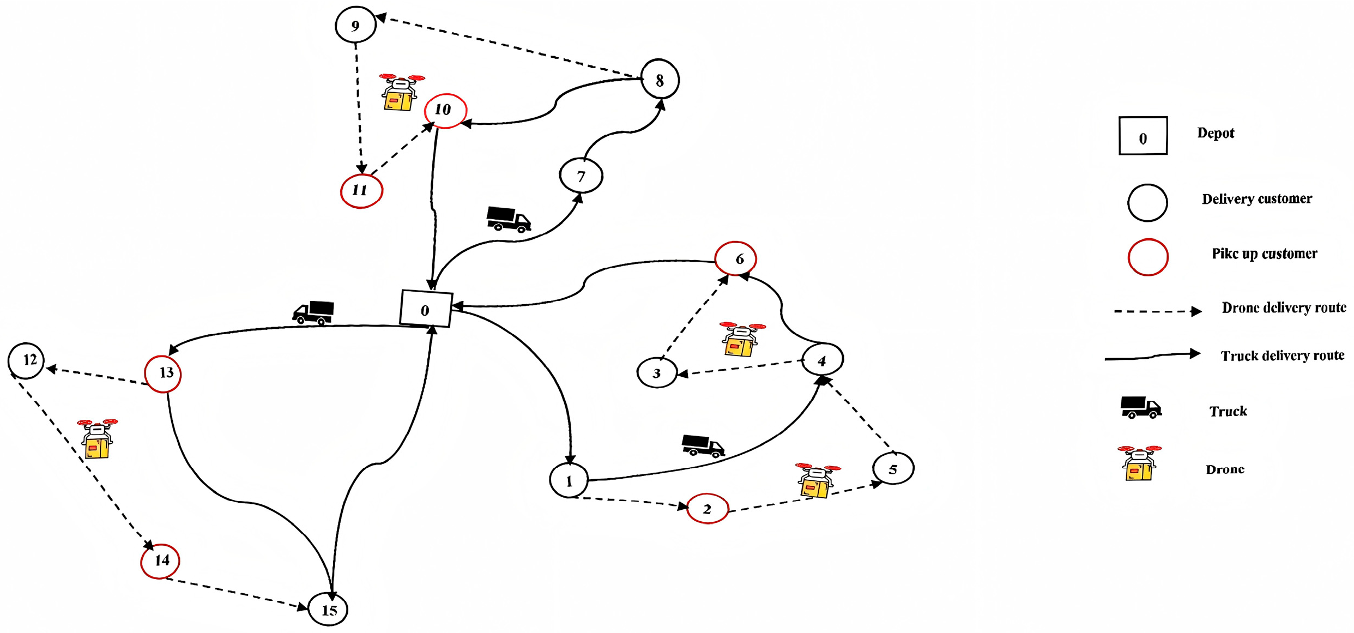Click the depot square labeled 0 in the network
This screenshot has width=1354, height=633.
point(426,309)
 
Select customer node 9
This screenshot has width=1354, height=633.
point(355,25)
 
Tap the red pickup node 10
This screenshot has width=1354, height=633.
point(445,111)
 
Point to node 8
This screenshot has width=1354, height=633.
point(660,80)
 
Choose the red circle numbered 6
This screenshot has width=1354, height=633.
point(735,258)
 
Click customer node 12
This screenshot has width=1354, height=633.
point(26,360)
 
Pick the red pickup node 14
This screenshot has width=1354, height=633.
point(160,561)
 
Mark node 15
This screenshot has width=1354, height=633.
point(328,609)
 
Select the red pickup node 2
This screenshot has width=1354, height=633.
point(707,509)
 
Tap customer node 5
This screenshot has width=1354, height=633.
point(893,468)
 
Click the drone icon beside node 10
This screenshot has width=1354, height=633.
point(401,93)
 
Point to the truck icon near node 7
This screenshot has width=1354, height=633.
point(508,219)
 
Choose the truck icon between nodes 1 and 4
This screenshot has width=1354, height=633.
point(703,445)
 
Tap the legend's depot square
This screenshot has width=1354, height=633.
point(1143,136)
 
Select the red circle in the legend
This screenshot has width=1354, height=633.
point(1147,257)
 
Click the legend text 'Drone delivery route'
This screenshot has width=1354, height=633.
point(1284,308)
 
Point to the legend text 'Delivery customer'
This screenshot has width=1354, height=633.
point(1256,199)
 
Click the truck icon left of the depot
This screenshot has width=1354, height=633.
point(313,313)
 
